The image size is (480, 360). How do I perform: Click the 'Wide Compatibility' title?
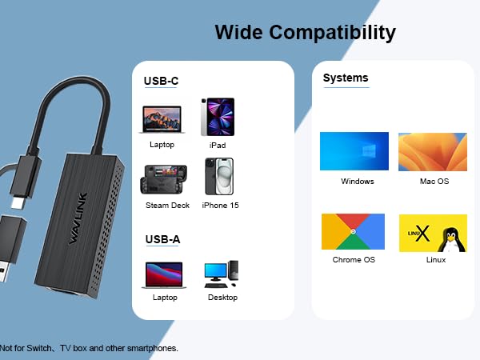coord(305,33)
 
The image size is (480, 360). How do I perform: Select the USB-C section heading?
coord(161,81)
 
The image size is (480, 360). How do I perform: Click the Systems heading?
coord(346,78)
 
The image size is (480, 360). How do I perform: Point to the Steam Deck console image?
coord(166,179)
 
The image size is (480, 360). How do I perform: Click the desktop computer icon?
coord(222,274)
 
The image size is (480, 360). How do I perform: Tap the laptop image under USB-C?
coord(162,119)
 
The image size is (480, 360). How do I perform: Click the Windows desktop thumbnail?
coord(354,151)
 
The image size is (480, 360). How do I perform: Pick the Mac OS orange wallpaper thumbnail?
coord(433,151)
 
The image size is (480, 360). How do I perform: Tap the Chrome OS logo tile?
coord(353,232)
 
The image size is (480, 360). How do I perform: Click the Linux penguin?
coord(454,234)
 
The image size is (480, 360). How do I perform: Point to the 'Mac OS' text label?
coord(434,182)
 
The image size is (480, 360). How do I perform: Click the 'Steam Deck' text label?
coord(168,206)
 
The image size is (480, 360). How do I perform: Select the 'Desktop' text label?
coord(222,298)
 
